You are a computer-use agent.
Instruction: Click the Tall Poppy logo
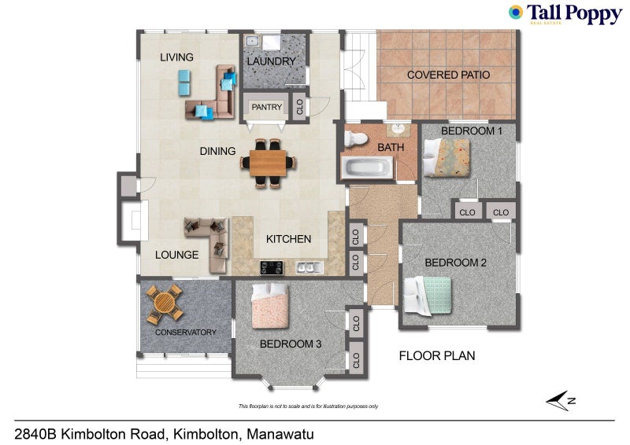point(565,14)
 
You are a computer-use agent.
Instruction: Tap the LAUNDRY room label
point(271,61)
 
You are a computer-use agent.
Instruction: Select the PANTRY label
point(266,107)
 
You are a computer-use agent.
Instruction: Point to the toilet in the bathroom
point(356,140)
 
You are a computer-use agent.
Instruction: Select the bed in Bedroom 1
point(447,156)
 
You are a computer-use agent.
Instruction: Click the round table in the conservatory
point(165,303)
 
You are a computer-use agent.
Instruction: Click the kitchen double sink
point(309,268)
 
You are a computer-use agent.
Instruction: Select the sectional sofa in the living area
point(213,94)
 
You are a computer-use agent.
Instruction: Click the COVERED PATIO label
point(448,75)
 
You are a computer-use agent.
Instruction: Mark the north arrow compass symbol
point(560,401)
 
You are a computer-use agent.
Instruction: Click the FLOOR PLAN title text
point(436,355)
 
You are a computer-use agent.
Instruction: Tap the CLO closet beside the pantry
point(300,107)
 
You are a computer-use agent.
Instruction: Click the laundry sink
point(252,40)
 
